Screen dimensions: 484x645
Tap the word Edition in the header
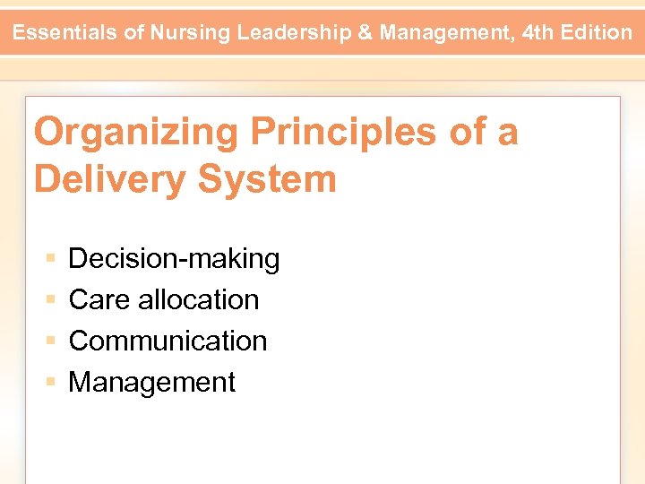596,33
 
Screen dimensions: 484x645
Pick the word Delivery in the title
108,179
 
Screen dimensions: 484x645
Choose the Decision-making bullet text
174,259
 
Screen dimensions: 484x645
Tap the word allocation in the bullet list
199,299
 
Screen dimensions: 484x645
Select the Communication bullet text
168,341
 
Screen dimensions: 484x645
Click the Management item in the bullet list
151,382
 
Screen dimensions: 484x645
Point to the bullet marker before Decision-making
51,259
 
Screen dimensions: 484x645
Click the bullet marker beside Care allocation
51,300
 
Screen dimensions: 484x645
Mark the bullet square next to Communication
51,341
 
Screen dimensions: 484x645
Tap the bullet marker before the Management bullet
51,383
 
